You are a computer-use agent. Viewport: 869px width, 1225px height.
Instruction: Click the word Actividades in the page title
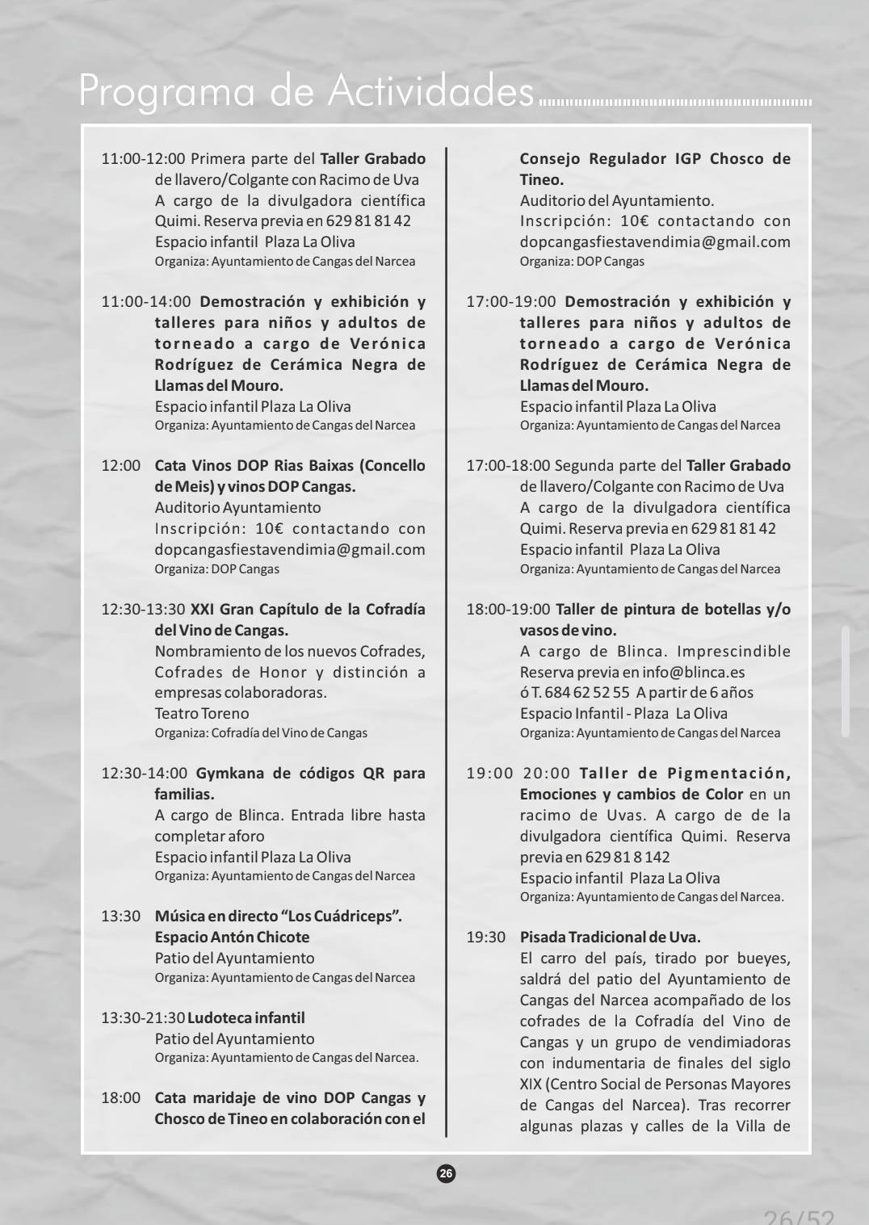pyautogui.click(x=430, y=91)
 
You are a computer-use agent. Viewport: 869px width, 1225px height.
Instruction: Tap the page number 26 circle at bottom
pyautogui.click(x=446, y=1173)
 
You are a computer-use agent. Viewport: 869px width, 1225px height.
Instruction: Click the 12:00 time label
pyautogui.click(x=120, y=466)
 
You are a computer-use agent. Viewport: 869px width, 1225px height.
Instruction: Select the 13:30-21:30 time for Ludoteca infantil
pyautogui.click(x=143, y=1018)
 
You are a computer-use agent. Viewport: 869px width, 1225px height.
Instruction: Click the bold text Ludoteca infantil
pyautogui.click(x=246, y=1018)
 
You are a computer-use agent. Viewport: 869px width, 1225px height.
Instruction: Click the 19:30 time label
pyautogui.click(x=485, y=938)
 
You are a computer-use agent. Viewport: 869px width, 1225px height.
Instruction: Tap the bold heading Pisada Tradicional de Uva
pyautogui.click(x=610, y=938)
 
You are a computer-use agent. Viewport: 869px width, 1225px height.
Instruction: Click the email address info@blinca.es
pyautogui.click(x=693, y=673)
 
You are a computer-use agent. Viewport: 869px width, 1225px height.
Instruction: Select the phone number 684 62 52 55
pyautogui.click(x=586, y=693)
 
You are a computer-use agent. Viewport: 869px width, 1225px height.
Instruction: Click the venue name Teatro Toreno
pyautogui.click(x=202, y=714)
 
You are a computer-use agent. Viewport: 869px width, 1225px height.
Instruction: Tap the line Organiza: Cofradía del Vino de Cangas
pyautogui.click(x=261, y=733)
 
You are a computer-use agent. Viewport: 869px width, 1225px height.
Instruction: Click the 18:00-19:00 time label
pyautogui.click(x=507, y=610)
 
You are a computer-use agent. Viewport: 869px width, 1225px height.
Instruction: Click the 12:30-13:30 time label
pyautogui.click(x=143, y=610)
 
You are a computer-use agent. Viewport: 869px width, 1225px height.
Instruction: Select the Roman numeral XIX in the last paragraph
pyautogui.click(x=531, y=1084)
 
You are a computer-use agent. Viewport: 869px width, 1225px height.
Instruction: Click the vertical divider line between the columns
pyautogui.click(x=447, y=646)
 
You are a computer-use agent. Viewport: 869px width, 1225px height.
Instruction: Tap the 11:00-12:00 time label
pyautogui.click(x=143, y=159)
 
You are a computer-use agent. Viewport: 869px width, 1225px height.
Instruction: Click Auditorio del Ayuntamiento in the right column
pyautogui.click(x=616, y=201)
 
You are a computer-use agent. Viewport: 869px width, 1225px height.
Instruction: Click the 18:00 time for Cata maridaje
pyautogui.click(x=120, y=1098)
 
